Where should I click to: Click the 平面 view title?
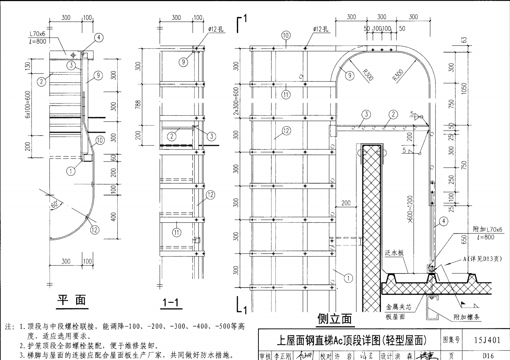tap(72, 300)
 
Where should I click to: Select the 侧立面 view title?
tap(334, 318)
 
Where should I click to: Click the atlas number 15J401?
tap(487, 340)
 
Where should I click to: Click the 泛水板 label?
tap(394, 253)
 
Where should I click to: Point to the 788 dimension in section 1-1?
tap(138, 104)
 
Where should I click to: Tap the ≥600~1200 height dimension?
tap(410, 210)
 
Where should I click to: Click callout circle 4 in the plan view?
tap(99, 37)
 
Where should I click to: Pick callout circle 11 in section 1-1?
tap(177, 232)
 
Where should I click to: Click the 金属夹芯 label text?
tap(399, 307)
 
